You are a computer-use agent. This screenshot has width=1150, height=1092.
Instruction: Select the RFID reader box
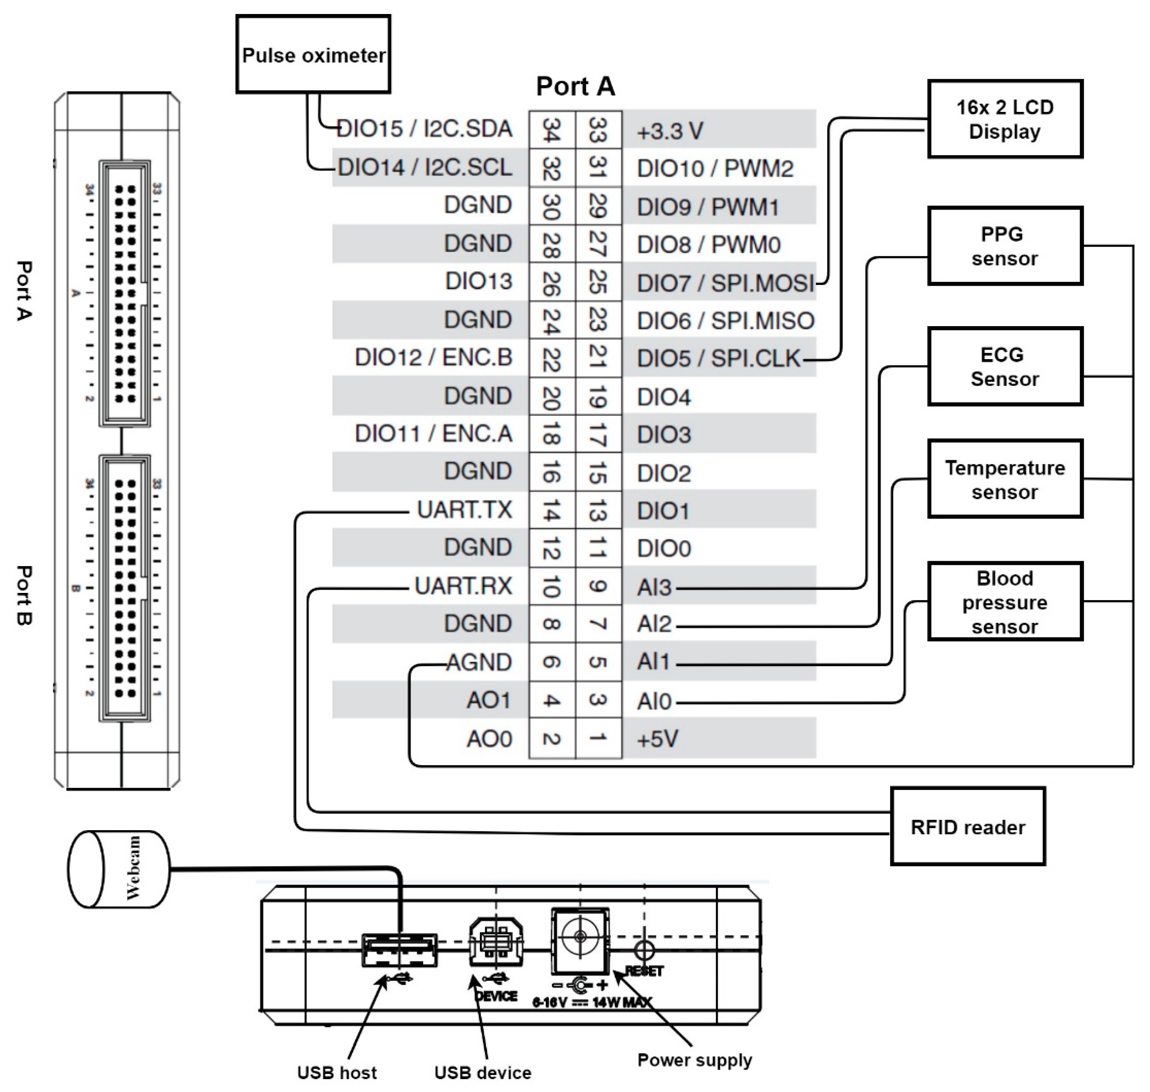pos(967,826)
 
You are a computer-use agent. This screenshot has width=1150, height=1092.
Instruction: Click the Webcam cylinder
pos(119,869)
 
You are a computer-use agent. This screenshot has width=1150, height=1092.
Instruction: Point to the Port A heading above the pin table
pos(575,87)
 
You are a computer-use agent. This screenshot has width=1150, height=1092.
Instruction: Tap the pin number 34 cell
pos(551,130)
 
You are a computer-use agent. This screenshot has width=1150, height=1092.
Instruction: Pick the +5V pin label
pos(657,739)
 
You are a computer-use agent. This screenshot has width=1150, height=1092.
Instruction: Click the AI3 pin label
pos(655,587)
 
